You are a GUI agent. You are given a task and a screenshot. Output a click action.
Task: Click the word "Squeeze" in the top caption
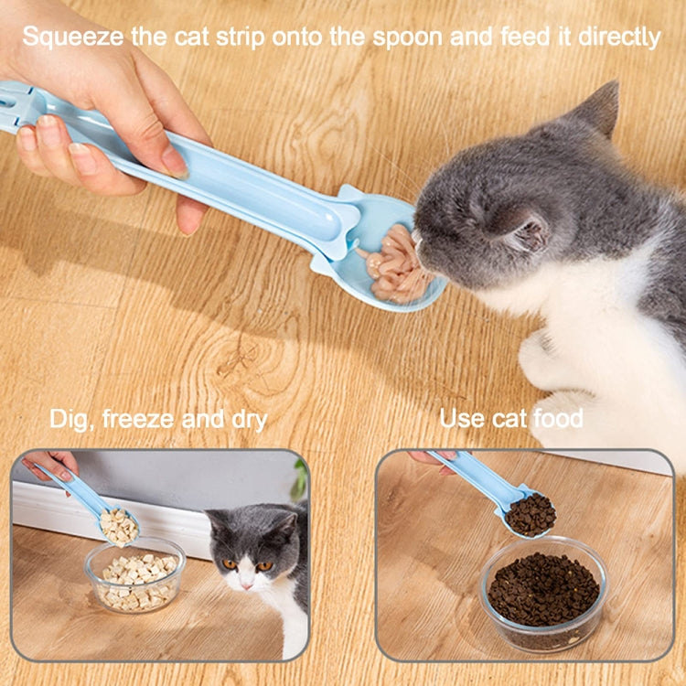(x=73, y=37)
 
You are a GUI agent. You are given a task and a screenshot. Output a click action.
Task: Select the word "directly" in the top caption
(x=619, y=37)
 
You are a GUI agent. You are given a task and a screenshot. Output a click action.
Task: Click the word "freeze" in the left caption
(x=138, y=419)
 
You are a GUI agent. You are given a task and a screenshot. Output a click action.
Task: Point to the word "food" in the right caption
(x=559, y=418)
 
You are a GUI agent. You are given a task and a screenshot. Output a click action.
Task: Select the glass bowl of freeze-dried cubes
(x=134, y=575)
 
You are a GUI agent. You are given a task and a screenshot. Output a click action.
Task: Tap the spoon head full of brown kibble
(x=528, y=515)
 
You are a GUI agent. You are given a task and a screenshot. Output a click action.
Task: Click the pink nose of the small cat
(x=246, y=585)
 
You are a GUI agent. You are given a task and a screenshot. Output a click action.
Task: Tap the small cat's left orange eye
(x=230, y=564)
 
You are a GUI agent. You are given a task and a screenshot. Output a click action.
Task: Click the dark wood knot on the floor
(x=239, y=360)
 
